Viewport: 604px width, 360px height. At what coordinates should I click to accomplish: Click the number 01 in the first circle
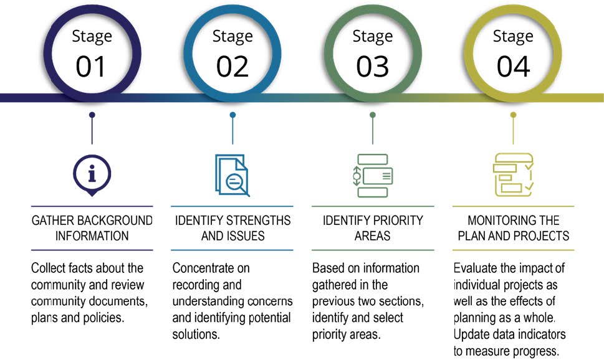pyautogui.click(x=90, y=67)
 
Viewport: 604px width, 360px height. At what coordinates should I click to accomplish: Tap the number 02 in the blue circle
pyautogui.click(x=232, y=67)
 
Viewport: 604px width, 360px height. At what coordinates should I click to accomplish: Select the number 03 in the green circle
pyautogui.click(x=373, y=67)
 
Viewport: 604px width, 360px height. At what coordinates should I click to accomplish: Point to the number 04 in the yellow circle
pyautogui.click(x=513, y=67)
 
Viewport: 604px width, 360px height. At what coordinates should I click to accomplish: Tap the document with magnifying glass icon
pyautogui.click(x=232, y=176)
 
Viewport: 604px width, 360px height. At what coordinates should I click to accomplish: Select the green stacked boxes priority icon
pyautogui.click(x=373, y=176)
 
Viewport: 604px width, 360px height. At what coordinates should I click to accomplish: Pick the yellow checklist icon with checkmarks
pyautogui.click(x=513, y=175)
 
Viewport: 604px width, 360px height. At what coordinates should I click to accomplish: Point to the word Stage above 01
pyautogui.click(x=92, y=37)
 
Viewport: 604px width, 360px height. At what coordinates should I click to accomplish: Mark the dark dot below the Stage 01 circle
pyautogui.click(x=92, y=115)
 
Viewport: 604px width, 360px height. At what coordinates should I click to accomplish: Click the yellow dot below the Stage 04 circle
pyautogui.click(x=513, y=115)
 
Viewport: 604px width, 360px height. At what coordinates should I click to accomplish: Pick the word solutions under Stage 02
pyautogui.click(x=196, y=334)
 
